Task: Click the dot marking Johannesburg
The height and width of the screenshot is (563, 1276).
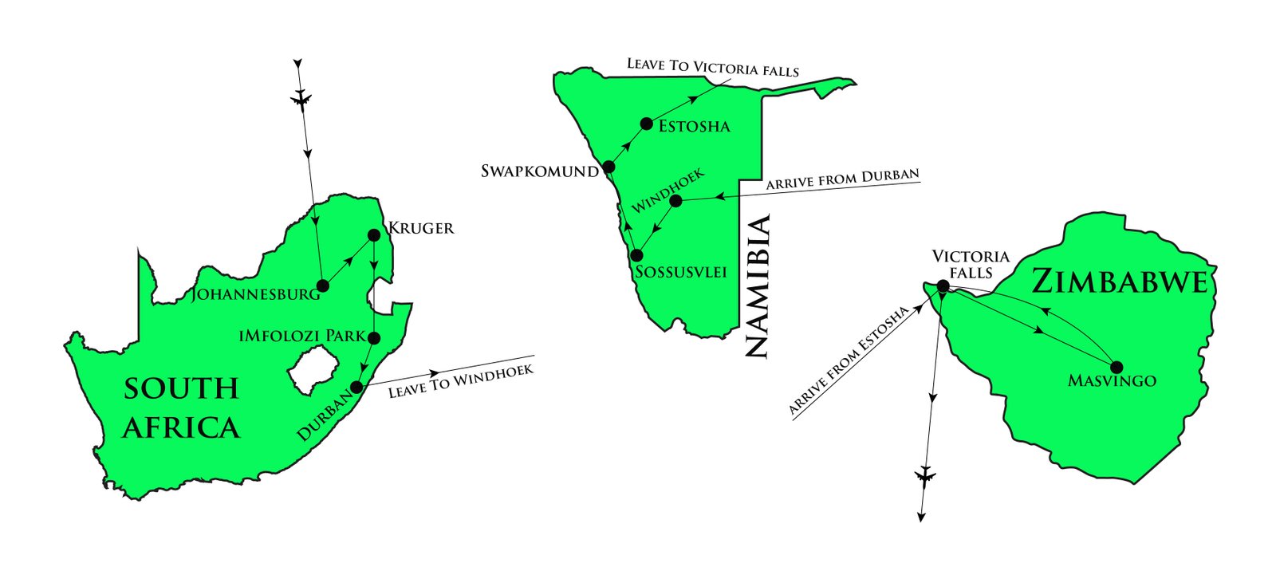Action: [323, 285]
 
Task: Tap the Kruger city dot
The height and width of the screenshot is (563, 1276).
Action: [373, 235]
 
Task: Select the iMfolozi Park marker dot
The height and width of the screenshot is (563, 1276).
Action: [373, 337]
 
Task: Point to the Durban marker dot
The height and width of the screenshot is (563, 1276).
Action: [356, 387]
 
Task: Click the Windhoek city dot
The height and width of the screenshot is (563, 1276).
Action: [675, 200]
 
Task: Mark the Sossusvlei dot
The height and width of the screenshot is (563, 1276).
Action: [636, 255]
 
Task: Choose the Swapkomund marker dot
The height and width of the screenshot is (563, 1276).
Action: [608, 167]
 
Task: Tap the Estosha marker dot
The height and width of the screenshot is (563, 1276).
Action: [647, 124]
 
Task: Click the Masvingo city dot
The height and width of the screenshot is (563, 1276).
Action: [1116, 367]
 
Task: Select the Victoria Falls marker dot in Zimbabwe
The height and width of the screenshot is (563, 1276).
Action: [943, 285]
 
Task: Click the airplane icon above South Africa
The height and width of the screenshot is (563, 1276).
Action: [301, 99]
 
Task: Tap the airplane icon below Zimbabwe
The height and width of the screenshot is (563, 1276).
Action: [925, 477]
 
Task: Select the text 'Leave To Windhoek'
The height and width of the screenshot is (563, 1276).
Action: [461, 381]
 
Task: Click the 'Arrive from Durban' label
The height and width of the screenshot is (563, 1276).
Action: [842, 178]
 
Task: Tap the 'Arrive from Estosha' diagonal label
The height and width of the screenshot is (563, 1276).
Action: [849, 360]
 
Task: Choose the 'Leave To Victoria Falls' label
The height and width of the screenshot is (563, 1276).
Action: [712, 67]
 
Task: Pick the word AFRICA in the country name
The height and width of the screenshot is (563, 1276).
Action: [181, 428]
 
